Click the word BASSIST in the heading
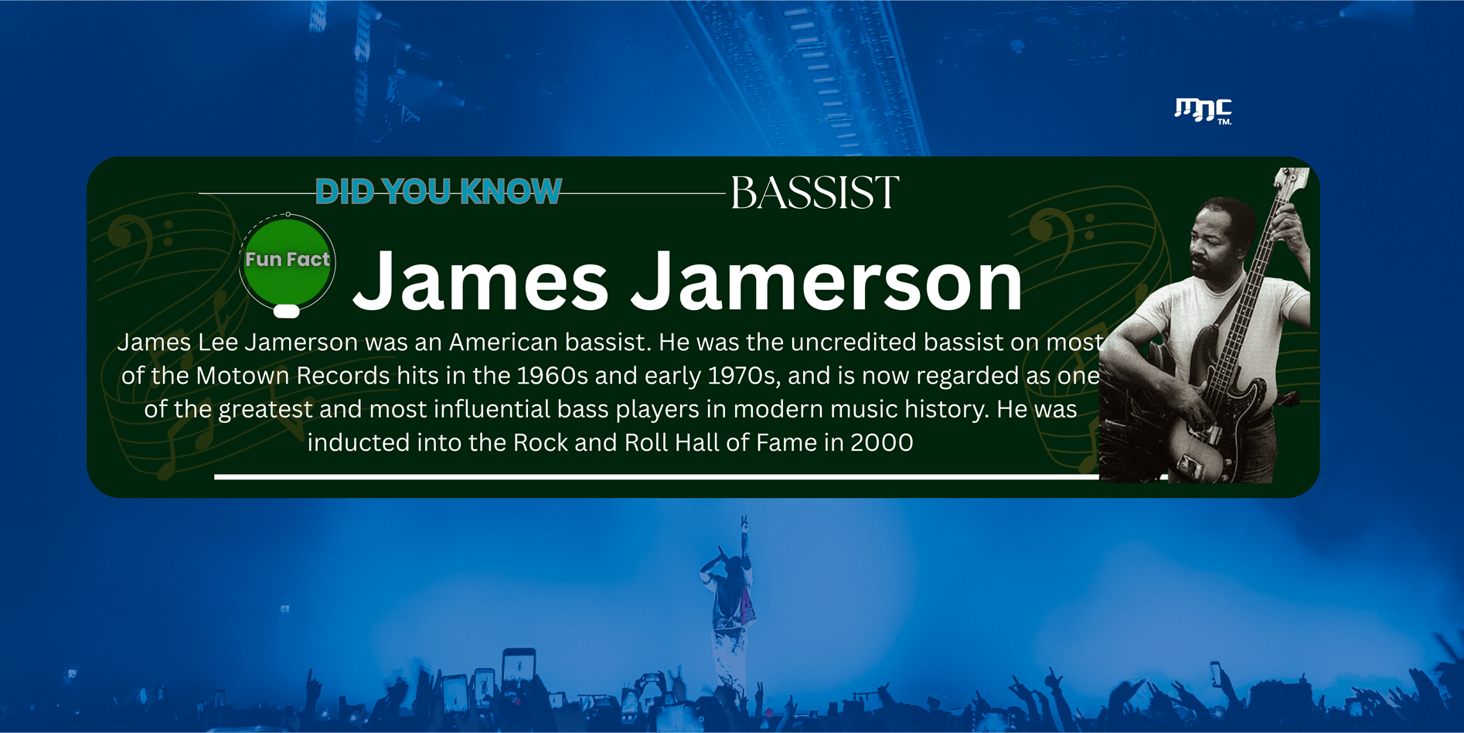click(x=815, y=193)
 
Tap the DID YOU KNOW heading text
click(x=438, y=192)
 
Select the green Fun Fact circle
click(x=288, y=262)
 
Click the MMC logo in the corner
click(x=1203, y=111)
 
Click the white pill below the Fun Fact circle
click(x=287, y=311)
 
